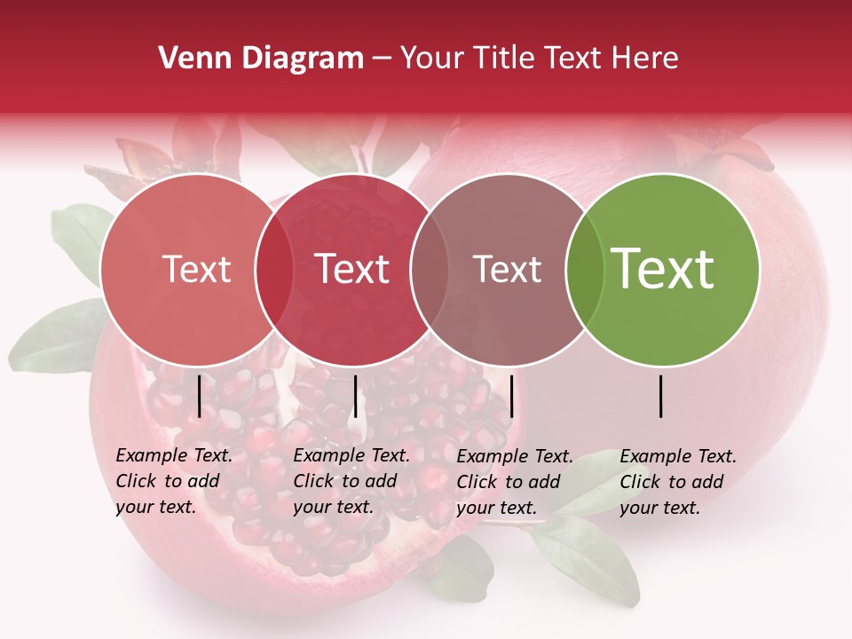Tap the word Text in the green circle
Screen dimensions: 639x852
tap(663, 268)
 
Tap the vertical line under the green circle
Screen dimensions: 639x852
tap(661, 396)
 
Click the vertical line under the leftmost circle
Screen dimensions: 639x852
tap(199, 396)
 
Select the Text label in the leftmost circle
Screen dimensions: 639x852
tap(197, 270)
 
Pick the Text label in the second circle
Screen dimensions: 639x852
tap(352, 270)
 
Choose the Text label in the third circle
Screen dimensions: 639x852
tap(508, 270)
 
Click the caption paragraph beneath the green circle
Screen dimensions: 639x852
tap(677, 482)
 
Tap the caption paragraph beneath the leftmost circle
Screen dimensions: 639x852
tap(173, 481)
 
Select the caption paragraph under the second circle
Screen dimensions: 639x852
tap(351, 481)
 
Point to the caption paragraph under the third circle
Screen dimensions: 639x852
tap(514, 482)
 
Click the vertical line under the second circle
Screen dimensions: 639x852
tap(355, 396)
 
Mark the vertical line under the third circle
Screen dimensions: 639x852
tap(512, 396)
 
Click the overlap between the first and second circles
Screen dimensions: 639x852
tap(274, 270)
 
